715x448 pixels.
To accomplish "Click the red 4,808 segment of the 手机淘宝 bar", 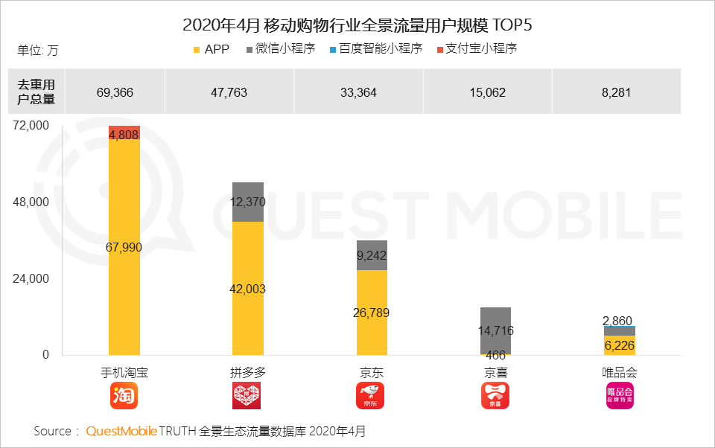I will coord(124,132).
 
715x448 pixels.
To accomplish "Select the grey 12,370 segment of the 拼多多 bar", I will coord(248,202).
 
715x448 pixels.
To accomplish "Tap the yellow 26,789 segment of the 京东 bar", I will coord(372,312).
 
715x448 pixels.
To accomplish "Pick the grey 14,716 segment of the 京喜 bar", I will coord(495,330).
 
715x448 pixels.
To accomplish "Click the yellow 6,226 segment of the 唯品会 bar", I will coord(620,345).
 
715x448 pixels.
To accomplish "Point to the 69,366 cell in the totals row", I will coord(115,92).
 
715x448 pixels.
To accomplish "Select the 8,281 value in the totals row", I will coord(616,92).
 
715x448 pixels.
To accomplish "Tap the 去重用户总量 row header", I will coord(36,92).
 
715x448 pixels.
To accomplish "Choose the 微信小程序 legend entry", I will coord(279,49).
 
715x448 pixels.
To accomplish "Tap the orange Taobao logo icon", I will coord(124,396).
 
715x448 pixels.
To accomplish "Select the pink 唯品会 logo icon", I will coord(620,396).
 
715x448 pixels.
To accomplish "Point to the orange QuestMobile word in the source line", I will coord(121,431).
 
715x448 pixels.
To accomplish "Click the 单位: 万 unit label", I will coord(37,51).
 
